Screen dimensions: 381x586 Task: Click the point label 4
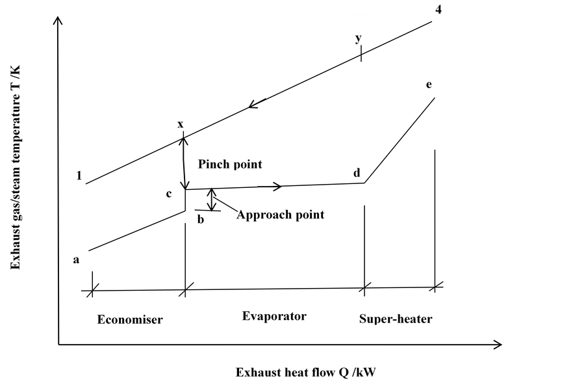[439, 11]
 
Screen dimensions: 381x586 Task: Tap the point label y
[358, 38]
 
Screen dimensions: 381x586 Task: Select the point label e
[428, 85]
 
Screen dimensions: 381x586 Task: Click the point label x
[180, 124]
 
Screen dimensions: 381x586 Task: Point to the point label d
[357, 173]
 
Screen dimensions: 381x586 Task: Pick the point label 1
[79, 176]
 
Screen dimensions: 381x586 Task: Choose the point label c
[169, 193]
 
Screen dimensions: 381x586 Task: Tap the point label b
[201, 220]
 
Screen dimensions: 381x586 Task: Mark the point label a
[76, 259]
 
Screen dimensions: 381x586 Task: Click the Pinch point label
[230, 164]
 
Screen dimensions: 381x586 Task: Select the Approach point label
[280, 215]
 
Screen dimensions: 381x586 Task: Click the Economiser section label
[130, 319]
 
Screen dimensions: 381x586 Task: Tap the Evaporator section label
[274, 316]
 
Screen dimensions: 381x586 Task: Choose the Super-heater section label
[396, 319]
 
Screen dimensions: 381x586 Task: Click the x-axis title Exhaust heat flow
[305, 373]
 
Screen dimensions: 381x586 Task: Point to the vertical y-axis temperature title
[18, 168]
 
